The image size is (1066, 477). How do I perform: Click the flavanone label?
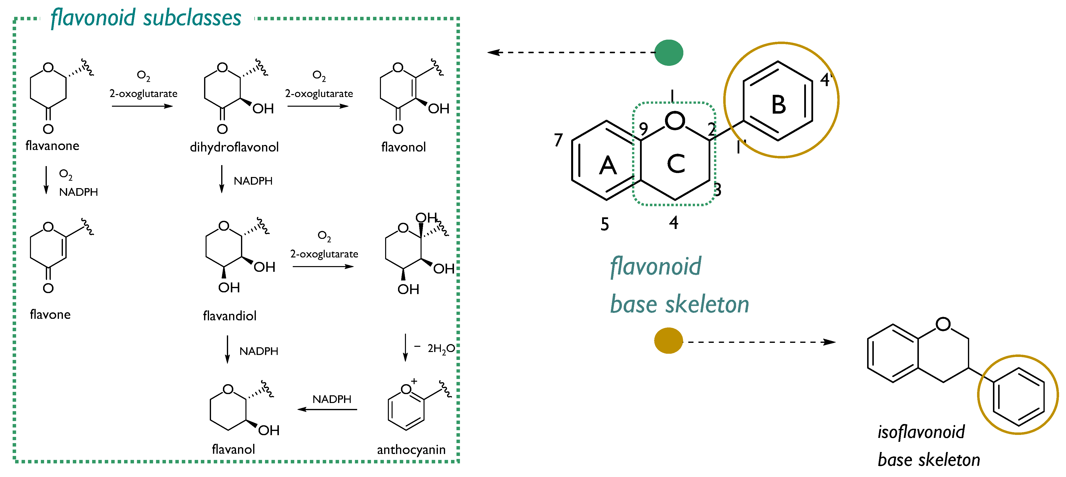pos(52,146)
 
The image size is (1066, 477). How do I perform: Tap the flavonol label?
pos(403,147)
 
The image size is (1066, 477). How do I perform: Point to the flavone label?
pos(50,314)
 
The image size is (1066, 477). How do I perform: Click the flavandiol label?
pos(230,316)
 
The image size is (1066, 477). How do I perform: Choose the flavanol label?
pos(233,449)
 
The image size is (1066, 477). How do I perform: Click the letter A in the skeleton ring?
pos(608,166)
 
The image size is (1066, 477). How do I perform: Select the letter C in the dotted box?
pos(676,164)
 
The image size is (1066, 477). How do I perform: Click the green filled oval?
pos(669,52)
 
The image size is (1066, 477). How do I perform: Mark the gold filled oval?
pos(668,340)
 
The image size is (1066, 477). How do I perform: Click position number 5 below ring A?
pos(605,224)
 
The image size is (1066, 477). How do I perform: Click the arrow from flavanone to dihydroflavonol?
pos(142,106)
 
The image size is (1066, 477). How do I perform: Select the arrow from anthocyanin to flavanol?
pos(327,410)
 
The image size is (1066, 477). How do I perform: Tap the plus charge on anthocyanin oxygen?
pos(414,381)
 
